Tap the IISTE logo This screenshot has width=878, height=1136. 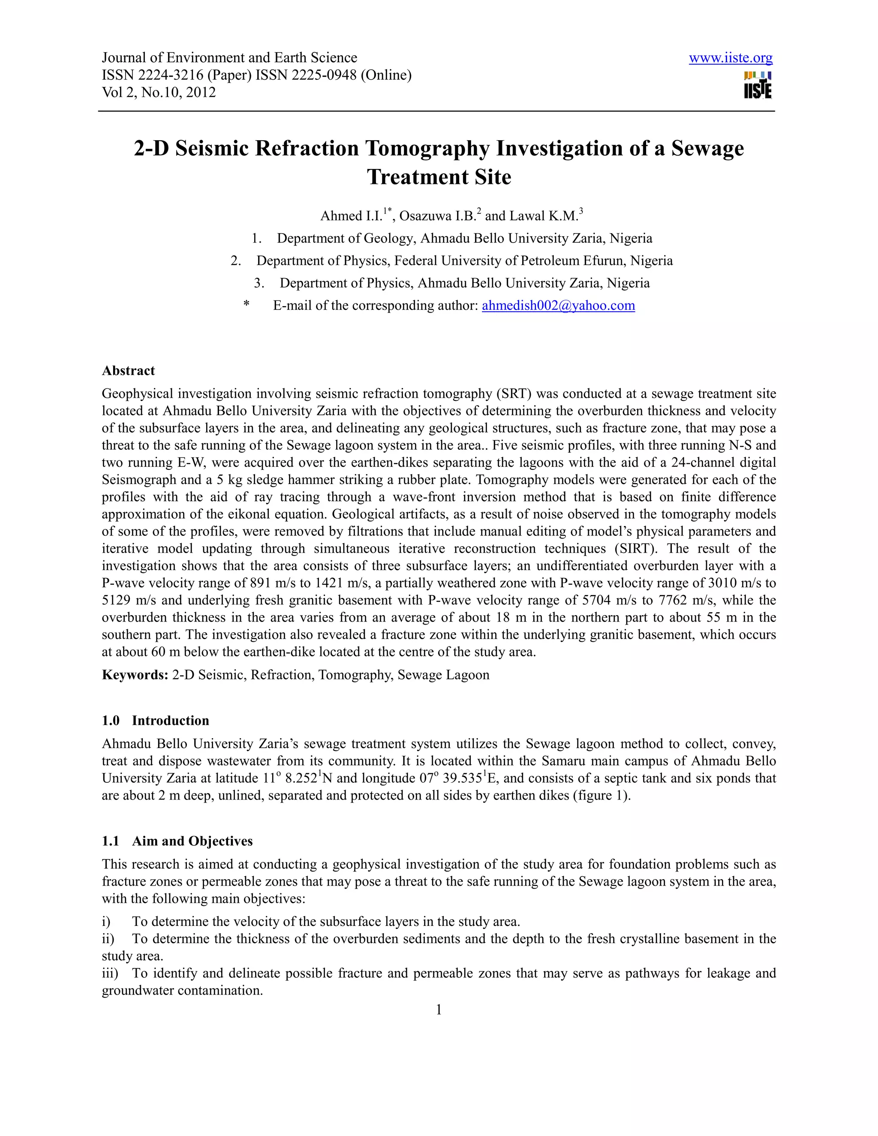(758, 86)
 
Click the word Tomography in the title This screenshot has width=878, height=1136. (427, 148)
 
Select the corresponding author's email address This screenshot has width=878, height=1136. (558, 305)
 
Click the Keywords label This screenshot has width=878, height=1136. (134, 675)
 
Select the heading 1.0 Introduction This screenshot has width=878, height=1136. (155, 721)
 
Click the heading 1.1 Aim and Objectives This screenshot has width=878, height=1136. (177, 841)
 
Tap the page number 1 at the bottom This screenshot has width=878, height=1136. (439, 1010)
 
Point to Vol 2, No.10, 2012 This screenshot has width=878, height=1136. (159, 92)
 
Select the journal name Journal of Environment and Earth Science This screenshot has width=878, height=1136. (229, 58)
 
